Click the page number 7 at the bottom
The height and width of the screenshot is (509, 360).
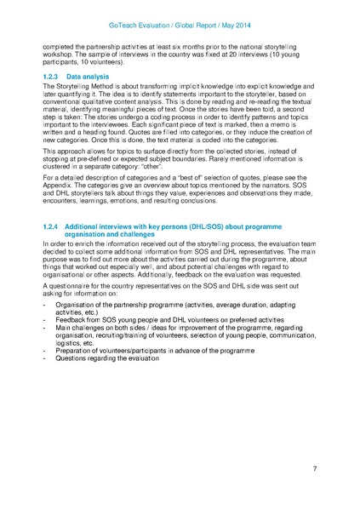click(315, 469)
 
